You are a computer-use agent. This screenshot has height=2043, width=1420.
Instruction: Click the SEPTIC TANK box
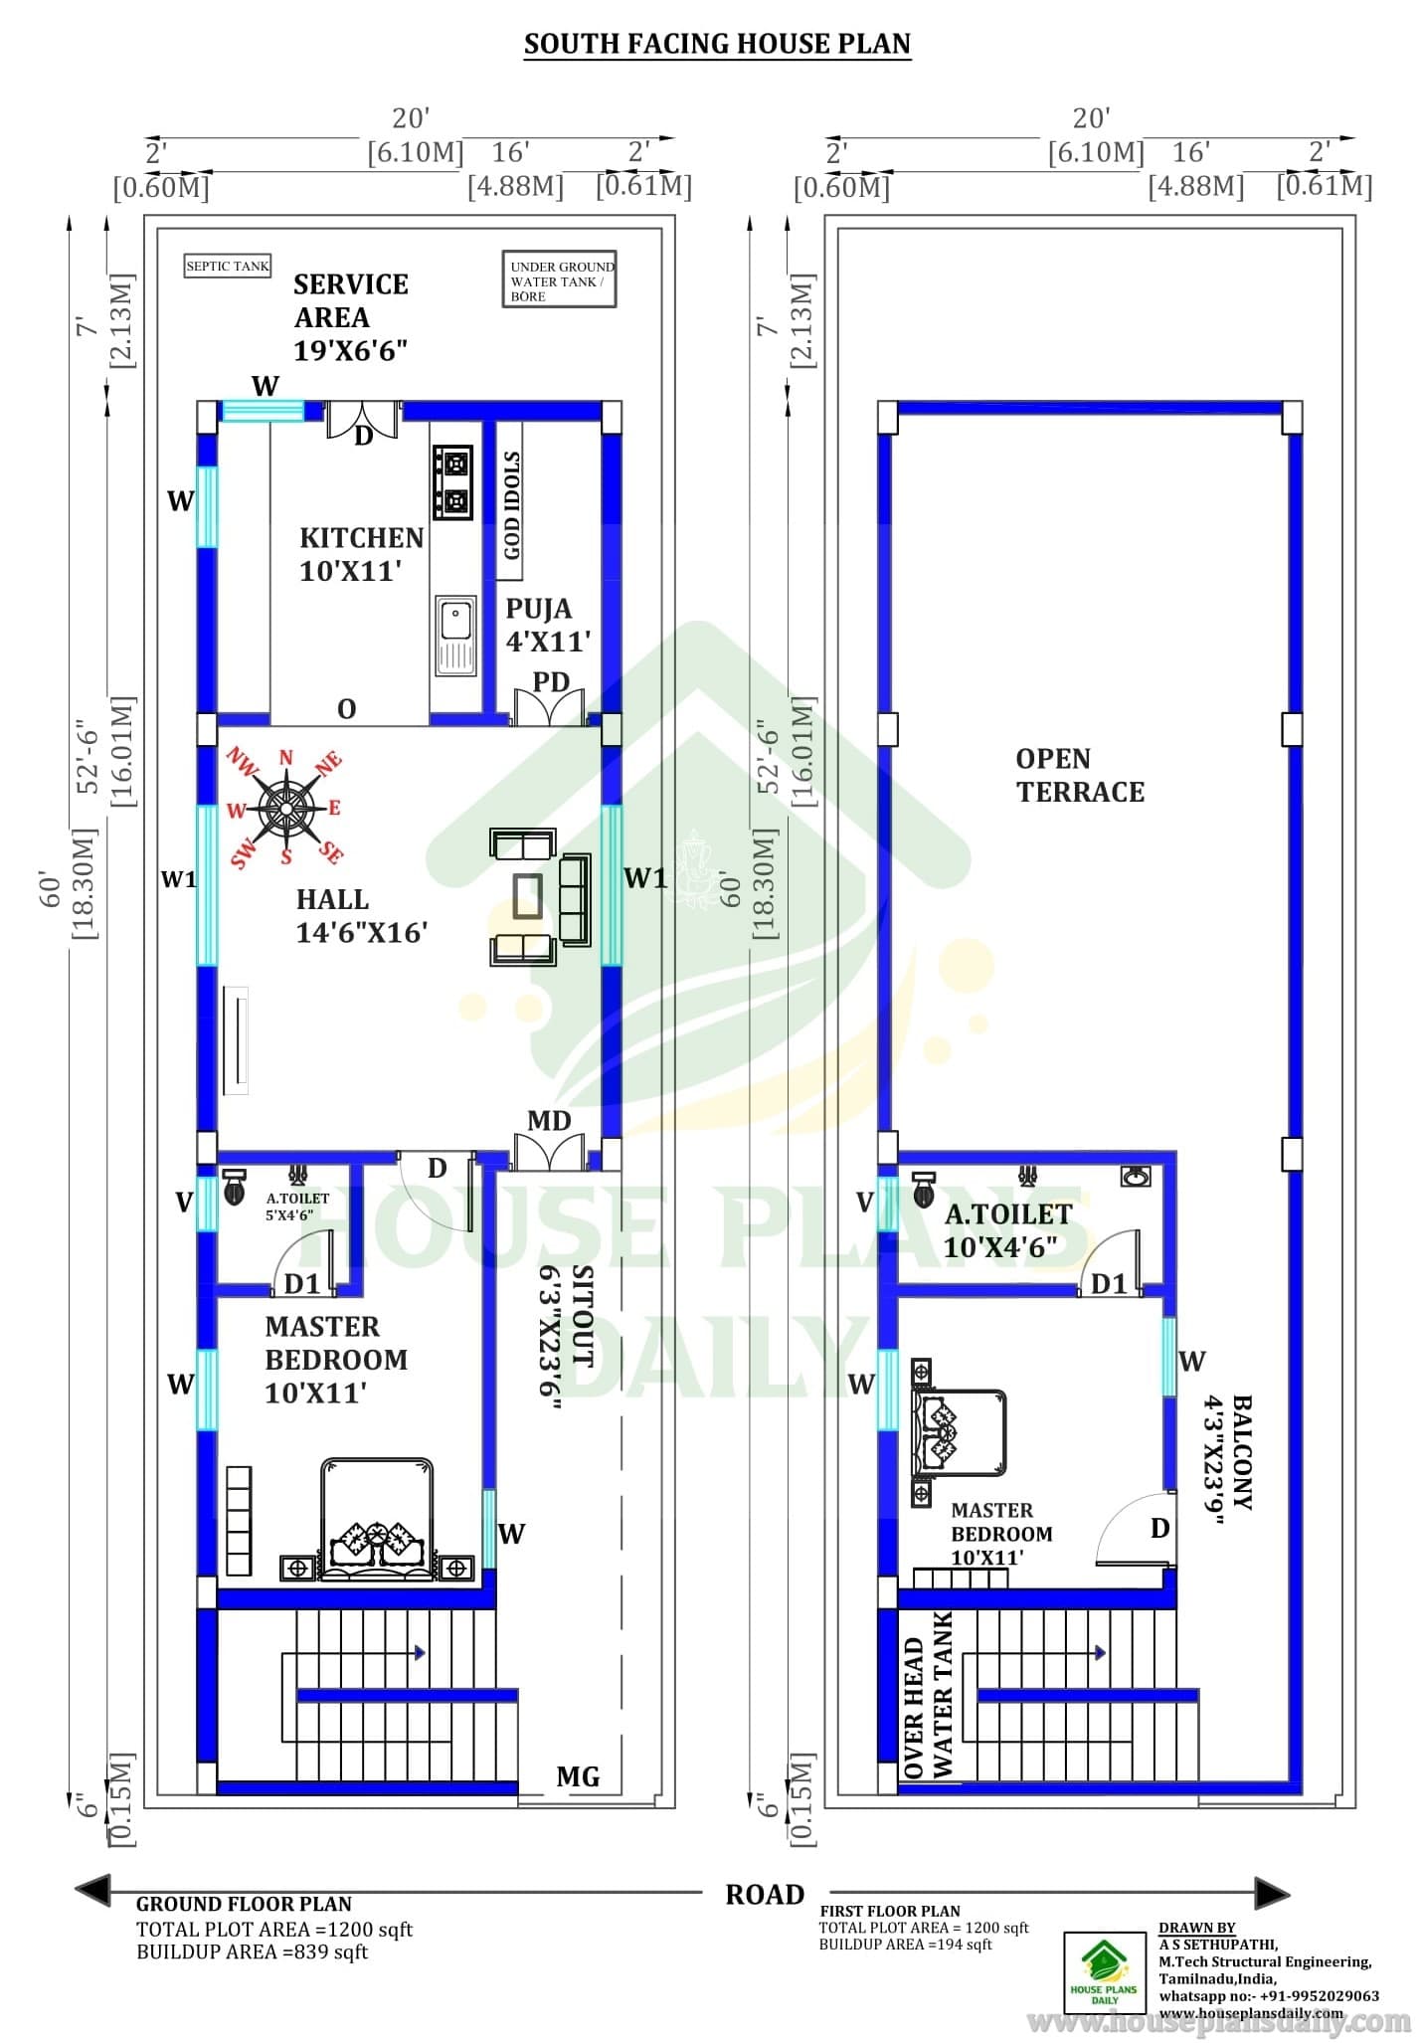point(228,266)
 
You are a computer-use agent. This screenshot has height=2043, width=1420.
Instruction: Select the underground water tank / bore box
point(559,280)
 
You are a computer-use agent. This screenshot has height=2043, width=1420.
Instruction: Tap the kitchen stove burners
point(452,482)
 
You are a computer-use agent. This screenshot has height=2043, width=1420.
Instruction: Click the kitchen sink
point(454,634)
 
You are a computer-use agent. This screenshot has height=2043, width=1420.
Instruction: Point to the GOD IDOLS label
point(511,504)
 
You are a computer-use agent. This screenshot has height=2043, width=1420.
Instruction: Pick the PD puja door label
point(551,681)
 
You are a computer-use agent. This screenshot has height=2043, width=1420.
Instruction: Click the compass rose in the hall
point(285,806)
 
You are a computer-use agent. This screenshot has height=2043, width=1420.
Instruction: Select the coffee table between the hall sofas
point(527,895)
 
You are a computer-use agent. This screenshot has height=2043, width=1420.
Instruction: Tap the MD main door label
point(549,1121)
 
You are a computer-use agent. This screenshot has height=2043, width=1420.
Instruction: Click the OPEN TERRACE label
point(1080,775)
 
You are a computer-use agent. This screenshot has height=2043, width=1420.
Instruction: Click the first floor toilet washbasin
point(1135,1177)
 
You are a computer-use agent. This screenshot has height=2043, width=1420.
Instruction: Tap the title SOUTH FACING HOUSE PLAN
point(717,44)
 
